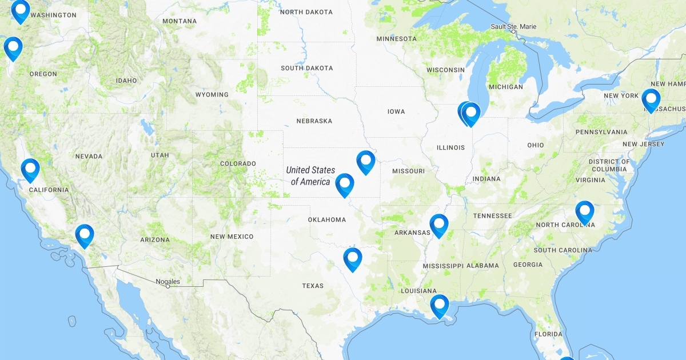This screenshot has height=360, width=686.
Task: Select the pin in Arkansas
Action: click(x=438, y=224)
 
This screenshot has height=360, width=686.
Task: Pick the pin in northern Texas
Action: click(x=353, y=258)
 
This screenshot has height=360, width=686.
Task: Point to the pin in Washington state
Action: click(x=21, y=10)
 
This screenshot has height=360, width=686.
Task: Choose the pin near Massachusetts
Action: click(x=651, y=99)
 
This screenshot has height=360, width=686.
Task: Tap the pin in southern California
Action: click(x=84, y=234)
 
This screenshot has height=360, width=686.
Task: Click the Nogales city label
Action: click(x=167, y=282)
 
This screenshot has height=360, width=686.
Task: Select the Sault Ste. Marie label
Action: click(x=513, y=27)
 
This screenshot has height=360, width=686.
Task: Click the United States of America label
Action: click(x=310, y=176)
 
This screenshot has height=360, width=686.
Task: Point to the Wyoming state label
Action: click(x=212, y=95)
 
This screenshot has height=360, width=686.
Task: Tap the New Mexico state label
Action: click(x=232, y=237)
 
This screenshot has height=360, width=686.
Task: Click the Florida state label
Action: click(x=548, y=334)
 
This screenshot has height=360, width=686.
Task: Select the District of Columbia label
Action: click(x=609, y=165)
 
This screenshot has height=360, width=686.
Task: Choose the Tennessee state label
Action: click(x=492, y=216)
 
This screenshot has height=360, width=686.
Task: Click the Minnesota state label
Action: click(x=396, y=39)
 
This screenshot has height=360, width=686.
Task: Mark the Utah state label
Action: click(x=160, y=155)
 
